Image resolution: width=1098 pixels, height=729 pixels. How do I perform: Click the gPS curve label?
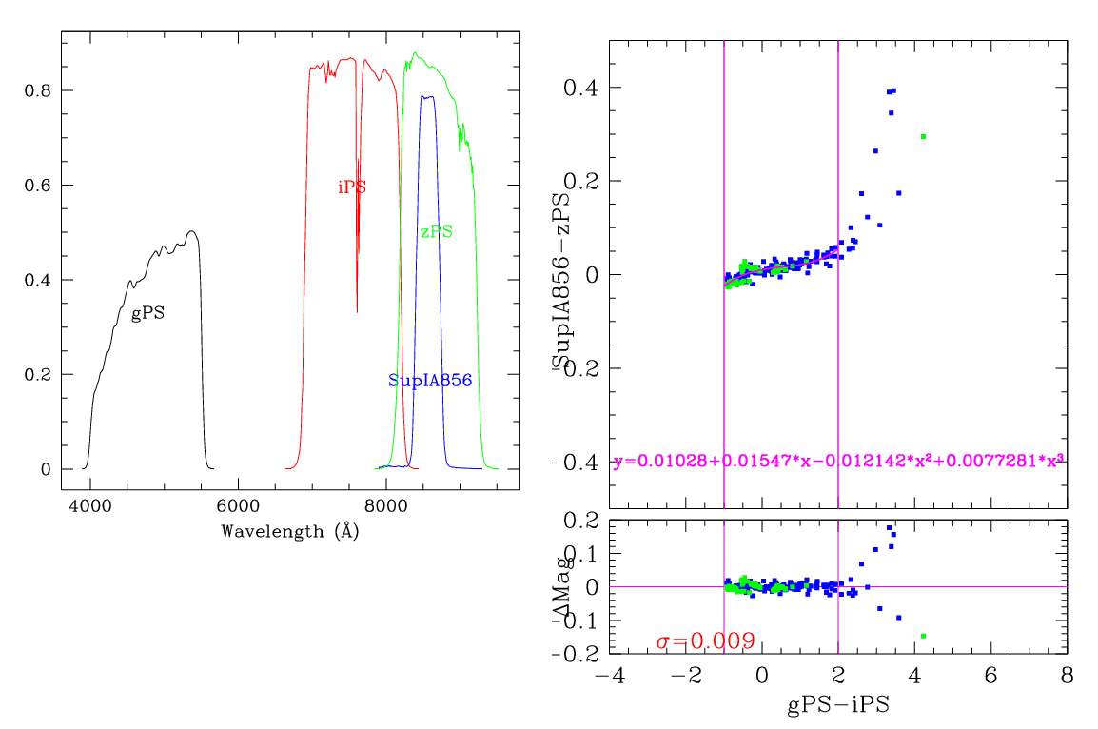[x=147, y=313]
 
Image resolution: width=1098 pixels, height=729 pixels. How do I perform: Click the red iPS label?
[x=352, y=187]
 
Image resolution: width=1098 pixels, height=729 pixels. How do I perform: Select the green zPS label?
[x=436, y=231]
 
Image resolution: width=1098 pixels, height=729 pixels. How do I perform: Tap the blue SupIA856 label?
[x=430, y=380]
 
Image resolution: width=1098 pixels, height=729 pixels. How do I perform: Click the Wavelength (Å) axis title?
[x=289, y=532]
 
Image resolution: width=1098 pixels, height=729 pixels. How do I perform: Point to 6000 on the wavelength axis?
[x=238, y=508]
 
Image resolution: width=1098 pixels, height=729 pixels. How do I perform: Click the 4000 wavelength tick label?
[x=89, y=508]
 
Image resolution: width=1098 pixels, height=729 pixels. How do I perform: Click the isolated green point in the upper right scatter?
[x=923, y=137]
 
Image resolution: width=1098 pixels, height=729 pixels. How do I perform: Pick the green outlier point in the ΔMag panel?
[x=923, y=636]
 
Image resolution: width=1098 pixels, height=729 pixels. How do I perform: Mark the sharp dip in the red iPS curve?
[x=357, y=310]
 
